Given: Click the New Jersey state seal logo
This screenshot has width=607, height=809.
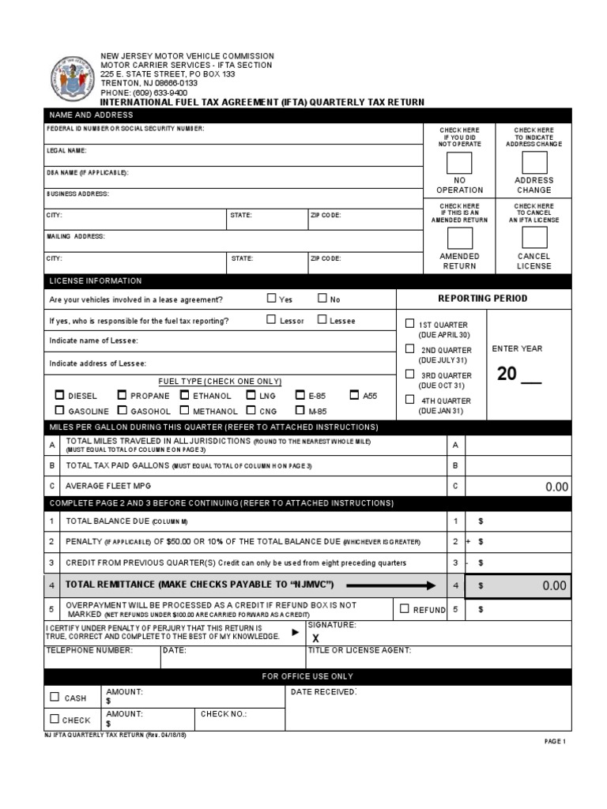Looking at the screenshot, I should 72,77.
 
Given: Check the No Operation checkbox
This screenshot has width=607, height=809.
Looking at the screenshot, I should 459,163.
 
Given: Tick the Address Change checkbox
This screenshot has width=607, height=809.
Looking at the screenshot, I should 534,163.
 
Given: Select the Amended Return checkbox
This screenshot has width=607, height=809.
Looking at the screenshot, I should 459,239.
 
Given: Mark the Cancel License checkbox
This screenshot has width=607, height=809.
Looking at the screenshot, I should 534,239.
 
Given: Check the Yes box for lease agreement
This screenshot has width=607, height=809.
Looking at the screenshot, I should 272,299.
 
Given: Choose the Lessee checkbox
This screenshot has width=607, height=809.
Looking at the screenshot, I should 322,320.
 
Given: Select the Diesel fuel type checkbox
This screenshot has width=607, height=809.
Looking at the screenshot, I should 59,395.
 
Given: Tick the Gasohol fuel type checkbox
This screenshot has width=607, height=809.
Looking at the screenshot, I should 123,411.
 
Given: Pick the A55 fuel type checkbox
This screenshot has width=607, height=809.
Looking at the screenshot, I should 354,395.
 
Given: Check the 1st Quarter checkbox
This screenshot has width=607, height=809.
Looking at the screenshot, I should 409,323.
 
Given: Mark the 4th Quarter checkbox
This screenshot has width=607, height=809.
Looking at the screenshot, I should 409,399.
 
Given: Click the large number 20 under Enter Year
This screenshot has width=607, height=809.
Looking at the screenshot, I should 507,374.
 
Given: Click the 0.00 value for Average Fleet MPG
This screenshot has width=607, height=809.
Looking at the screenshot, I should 556,487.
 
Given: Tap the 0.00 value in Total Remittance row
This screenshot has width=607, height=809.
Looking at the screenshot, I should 554,585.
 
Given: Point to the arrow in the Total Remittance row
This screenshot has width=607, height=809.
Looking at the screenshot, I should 391,585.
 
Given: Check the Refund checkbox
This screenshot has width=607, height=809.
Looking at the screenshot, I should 405,608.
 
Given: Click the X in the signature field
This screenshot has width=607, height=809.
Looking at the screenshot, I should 315,638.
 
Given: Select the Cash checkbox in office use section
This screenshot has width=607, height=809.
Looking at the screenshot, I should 55,697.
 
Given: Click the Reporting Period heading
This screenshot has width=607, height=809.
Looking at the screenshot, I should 483,299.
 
